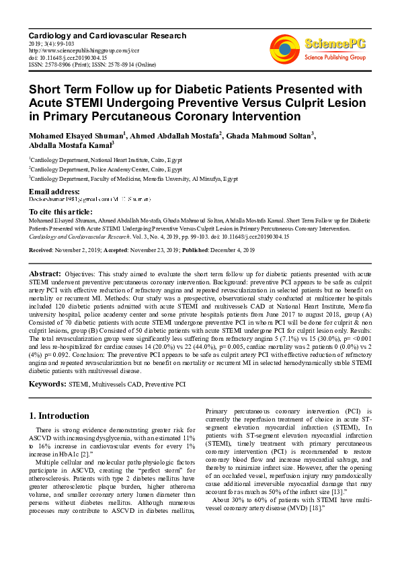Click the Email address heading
coord(54,192)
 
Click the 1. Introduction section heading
coord(61,416)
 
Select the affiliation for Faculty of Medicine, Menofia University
coord(134,179)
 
